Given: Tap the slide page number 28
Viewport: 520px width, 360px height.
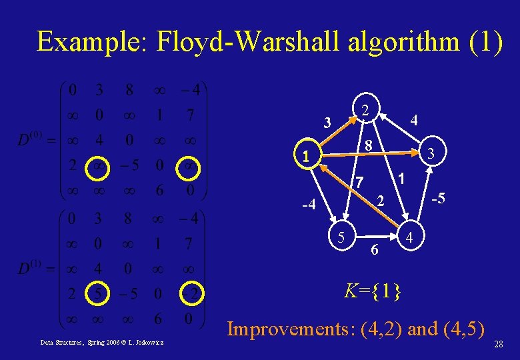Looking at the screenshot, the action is coord(498,344).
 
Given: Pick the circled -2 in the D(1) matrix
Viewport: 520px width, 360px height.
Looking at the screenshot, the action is coord(189,293).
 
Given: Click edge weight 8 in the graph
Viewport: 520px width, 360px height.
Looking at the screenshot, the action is coord(367,145).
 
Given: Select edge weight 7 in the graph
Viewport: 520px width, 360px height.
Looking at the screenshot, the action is coord(359,181).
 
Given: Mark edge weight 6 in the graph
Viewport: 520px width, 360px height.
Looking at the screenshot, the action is coord(375,249).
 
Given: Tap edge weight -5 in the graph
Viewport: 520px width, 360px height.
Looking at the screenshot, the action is coord(438,199).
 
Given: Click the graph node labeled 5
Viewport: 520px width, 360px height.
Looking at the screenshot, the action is coord(341,236).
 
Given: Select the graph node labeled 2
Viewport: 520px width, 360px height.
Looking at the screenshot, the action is coord(365,109).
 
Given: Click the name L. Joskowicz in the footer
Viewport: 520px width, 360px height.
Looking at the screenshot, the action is coord(150,343).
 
